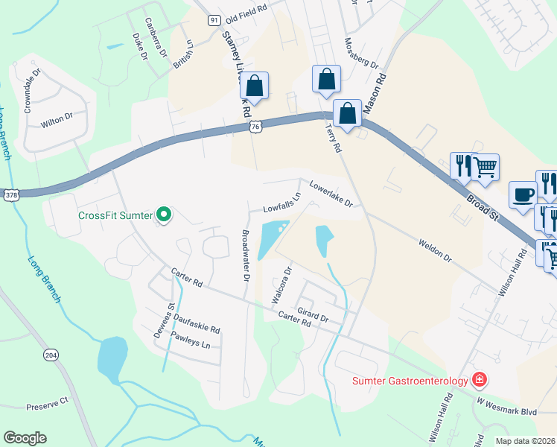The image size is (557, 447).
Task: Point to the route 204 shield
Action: (x=51, y=355)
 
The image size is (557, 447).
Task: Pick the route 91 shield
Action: (x=214, y=20)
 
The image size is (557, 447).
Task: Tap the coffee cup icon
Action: (x=523, y=194)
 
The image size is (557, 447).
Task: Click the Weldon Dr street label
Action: (x=435, y=250)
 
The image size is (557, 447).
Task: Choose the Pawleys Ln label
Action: (x=191, y=340)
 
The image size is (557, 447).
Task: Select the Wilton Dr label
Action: (x=57, y=117)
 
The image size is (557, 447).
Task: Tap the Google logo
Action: (x=25, y=438)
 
